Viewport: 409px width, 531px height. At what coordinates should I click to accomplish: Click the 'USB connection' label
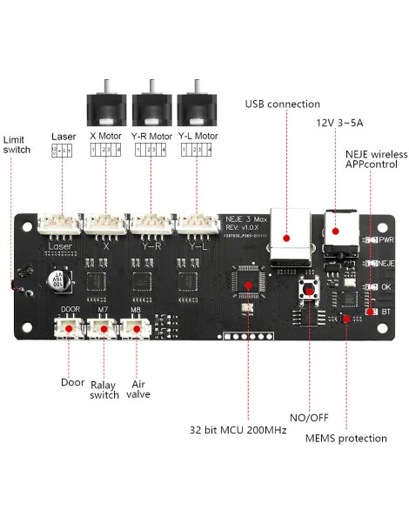coord(282,104)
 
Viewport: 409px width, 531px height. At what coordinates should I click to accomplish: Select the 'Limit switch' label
coord(17,145)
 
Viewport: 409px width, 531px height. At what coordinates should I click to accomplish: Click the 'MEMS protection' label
coord(345,438)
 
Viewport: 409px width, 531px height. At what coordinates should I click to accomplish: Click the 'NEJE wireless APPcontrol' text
coord(376,159)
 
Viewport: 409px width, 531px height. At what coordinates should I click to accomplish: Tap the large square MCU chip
coord(247,282)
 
